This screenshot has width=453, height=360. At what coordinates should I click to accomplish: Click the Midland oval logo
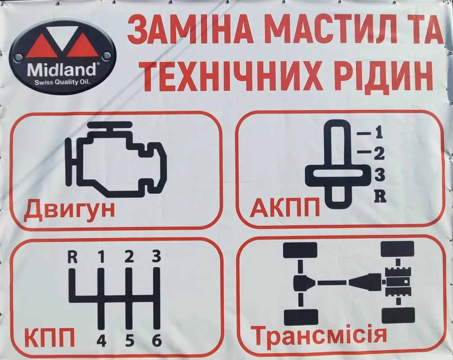click(63, 57)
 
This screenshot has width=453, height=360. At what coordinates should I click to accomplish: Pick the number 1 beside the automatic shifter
click(379, 132)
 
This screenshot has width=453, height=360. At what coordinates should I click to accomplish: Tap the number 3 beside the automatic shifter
click(380, 175)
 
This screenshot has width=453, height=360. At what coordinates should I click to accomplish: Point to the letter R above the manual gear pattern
click(72, 257)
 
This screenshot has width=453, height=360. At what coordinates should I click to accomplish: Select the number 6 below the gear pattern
click(157, 341)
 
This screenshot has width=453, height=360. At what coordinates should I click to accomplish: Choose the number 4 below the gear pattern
click(101, 341)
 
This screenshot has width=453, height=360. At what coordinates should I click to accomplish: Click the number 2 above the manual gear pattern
click(129, 256)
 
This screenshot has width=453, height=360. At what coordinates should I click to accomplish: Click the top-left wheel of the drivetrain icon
click(300, 250)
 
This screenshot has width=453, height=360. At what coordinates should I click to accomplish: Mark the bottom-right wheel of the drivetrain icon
click(398, 315)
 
